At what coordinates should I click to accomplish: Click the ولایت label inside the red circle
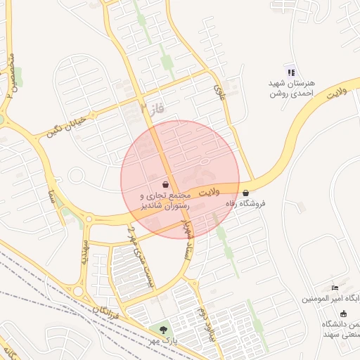209,191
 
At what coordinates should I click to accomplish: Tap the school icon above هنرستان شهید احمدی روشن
291,72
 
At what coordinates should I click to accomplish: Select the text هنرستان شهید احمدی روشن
291,88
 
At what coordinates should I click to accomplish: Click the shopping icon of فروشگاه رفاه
245,193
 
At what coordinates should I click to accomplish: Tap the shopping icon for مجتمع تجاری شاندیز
165,185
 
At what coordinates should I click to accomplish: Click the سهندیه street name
85,252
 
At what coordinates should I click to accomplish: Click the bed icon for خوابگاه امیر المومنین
335,288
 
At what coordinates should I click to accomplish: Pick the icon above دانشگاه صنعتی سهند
343,313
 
